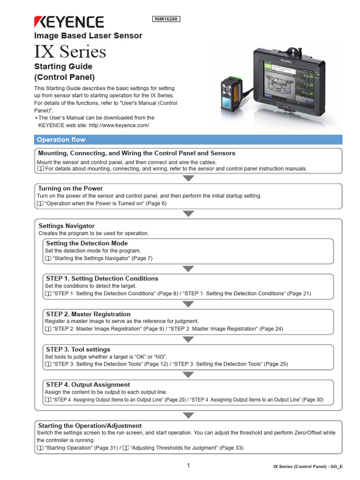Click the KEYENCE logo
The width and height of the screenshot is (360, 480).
tap(68, 22)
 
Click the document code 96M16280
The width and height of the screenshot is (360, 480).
tap(167, 19)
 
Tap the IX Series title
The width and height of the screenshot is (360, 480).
tap(70, 51)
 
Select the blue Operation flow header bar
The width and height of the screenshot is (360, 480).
tap(188, 140)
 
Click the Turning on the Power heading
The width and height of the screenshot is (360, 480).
tap(70, 188)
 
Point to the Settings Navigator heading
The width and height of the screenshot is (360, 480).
tap(67, 226)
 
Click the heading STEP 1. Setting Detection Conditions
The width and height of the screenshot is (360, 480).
tap(102, 278)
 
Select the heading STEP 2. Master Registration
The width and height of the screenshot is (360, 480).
tap(88, 314)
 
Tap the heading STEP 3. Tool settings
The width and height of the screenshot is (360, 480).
tap(78, 349)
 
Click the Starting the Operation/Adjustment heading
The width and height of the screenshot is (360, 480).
tap(90, 426)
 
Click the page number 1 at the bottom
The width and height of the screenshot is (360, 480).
tap(188, 465)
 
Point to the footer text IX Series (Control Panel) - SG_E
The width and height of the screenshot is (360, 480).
tap(308, 467)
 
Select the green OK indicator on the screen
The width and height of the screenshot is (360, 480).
tap(268, 66)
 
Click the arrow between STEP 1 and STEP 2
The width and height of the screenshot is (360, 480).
tap(188, 304)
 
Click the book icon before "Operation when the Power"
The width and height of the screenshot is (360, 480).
tap(40, 203)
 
